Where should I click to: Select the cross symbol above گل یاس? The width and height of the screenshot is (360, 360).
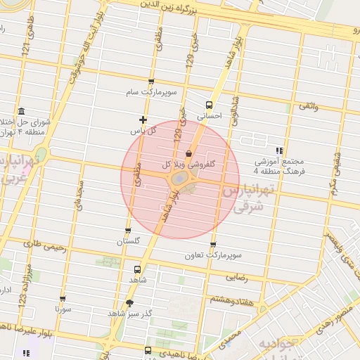(x=143, y=120)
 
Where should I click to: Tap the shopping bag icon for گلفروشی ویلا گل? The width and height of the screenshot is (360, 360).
(x=187, y=154)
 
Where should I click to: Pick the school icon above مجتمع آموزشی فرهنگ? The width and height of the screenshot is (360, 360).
(x=280, y=150)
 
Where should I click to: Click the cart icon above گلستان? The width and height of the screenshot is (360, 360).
(x=128, y=231)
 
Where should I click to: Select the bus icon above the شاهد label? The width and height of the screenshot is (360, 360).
(x=136, y=269)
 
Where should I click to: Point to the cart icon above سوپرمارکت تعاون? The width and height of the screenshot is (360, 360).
(x=213, y=245)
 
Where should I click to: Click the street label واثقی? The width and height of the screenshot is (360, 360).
(x=308, y=105)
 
